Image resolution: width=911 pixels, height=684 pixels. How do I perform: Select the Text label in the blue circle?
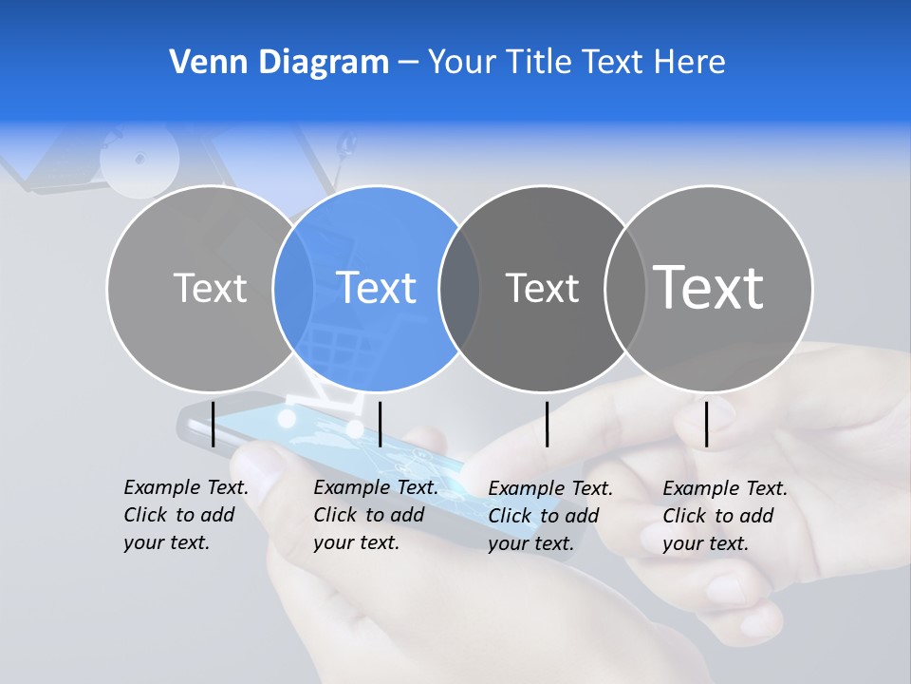(x=377, y=287)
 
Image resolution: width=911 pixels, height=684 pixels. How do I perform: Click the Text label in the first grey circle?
(x=211, y=287)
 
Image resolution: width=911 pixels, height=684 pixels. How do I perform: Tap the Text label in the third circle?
(x=543, y=287)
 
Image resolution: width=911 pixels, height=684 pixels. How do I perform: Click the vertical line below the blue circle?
(x=380, y=424)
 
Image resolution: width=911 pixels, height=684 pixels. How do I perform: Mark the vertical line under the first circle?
(x=214, y=424)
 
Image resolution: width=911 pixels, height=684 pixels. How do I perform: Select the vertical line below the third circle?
(x=547, y=424)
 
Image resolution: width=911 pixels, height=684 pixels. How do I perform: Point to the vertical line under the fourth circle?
(x=706, y=424)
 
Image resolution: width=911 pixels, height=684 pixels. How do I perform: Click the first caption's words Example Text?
(x=186, y=487)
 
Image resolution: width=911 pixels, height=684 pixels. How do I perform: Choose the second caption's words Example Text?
(x=376, y=487)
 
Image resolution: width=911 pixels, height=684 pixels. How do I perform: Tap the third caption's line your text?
(x=531, y=543)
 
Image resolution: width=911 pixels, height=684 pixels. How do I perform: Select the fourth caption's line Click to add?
(x=718, y=516)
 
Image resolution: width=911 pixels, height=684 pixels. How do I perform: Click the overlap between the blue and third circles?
(x=459, y=288)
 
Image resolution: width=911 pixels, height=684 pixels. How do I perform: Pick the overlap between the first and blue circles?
(x=293, y=288)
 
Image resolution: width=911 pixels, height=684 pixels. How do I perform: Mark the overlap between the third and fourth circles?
(x=625, y=288)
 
